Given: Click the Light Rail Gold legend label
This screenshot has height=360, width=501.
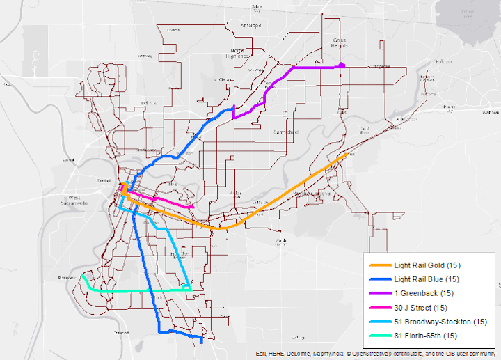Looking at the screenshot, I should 427,265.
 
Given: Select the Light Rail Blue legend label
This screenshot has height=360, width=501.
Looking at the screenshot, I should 427,279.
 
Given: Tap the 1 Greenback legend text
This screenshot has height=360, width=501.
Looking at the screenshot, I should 423,293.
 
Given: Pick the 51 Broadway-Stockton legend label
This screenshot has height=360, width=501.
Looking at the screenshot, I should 440,321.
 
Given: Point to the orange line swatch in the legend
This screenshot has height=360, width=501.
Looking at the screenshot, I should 380,265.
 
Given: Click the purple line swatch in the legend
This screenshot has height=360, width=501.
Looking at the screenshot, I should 380,293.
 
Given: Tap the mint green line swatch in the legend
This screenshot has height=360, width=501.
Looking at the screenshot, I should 380,335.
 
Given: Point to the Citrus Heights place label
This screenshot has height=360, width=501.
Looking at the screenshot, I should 340,42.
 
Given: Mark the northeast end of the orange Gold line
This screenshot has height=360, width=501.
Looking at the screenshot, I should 347,155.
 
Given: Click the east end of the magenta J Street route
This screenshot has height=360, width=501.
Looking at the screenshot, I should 192,207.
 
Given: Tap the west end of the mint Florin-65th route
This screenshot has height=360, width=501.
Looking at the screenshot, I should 82,276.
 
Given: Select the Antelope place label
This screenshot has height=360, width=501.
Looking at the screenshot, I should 251,26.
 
